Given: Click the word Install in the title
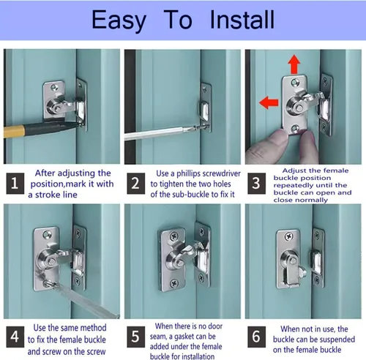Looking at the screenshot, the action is pyautogui.click(x=242, y=20).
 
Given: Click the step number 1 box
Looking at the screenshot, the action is pyautogui.click(x=15, y=184).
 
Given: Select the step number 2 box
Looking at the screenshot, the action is pyautogui.click(x=135, y=184).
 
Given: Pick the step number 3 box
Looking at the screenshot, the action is pyautogui.click(x=256, y=184).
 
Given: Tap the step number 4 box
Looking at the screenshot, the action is pyautogui.click(x=15, y=337).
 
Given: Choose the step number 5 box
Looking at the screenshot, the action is pyautogui.click(x=135, y=337).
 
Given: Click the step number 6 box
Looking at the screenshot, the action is pyautogui.click(x=256, y=337).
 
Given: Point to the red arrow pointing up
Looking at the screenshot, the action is pyautogui.click(x=294, y=64).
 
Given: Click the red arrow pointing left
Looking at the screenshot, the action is pyautogui.click(x=269, y=102).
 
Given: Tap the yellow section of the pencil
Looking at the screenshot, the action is pyautogui.click(x=14, y=131).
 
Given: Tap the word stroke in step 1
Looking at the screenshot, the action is pyautogui.click(x=48, y=195).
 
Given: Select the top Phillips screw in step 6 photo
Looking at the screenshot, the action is pyautogui.click(x=289, y=236).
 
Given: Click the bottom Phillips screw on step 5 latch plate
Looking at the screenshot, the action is pyautogui.click(x=174, y=283).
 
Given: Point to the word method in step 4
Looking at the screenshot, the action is pyautogui.click(x=92, y=328).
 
